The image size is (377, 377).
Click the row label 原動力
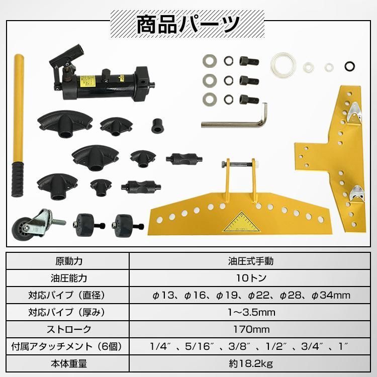coord(68,261)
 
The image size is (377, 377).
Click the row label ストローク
coord(68,329)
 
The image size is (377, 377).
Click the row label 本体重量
coord(68,363)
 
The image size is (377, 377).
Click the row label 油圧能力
coord(68,278)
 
